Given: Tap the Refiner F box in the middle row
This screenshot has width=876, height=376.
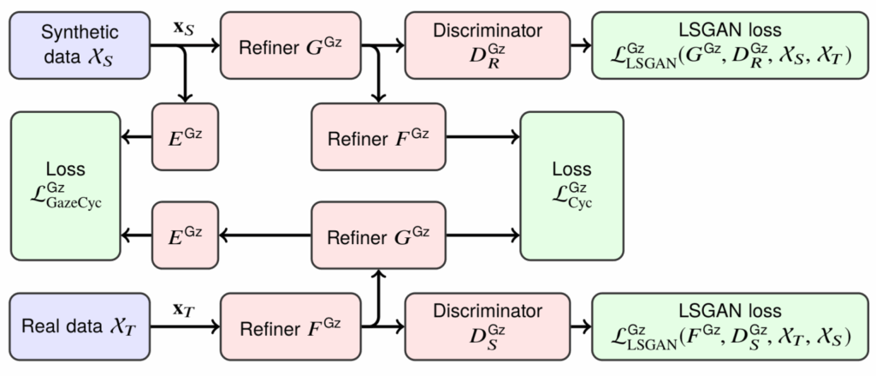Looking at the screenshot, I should [x=379, y=135].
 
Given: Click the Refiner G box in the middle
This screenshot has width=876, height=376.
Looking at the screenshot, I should [x=379, y=233].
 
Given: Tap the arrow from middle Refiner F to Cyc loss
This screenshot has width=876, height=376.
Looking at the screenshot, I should [x=482, y=135].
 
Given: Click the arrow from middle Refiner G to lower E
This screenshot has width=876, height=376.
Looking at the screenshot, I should [x=265, y=233].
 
